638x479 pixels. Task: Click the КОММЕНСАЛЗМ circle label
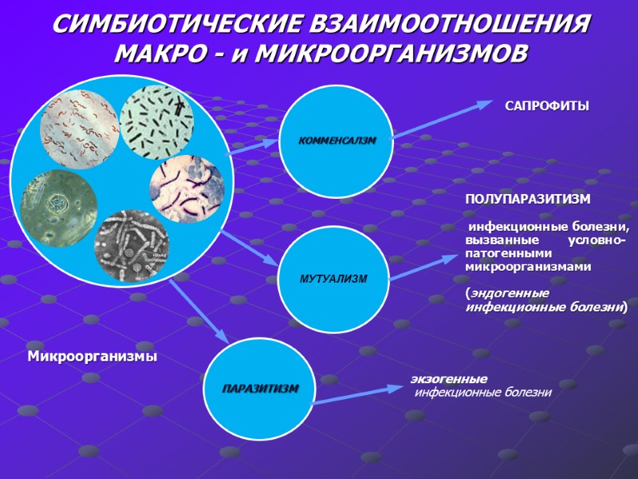coord(336,141)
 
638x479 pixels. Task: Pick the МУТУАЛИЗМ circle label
coord(333,279)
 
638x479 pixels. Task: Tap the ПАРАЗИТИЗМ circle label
coord(260,388)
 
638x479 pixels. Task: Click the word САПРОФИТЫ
coord(546,106)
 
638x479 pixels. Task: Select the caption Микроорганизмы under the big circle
coord(93,355)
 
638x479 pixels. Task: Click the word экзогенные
coord(449,378)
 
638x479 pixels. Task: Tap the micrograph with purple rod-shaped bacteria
coord(187,188)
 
